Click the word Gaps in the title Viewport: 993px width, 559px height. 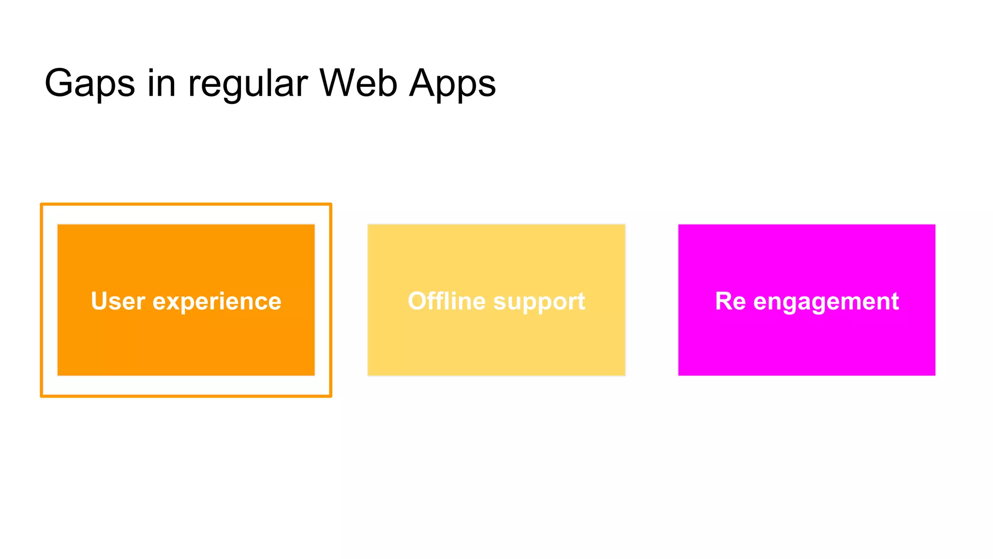(90, 83)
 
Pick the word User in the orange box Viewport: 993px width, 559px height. (118, 301)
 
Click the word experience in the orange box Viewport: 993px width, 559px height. (217, 302)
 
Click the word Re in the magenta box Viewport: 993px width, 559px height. (730, 301)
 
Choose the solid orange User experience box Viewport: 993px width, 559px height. (186, 340)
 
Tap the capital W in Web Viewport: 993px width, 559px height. (338, 82)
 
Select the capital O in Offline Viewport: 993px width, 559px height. (417, 301)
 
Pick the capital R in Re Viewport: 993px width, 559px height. (723, 301)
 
